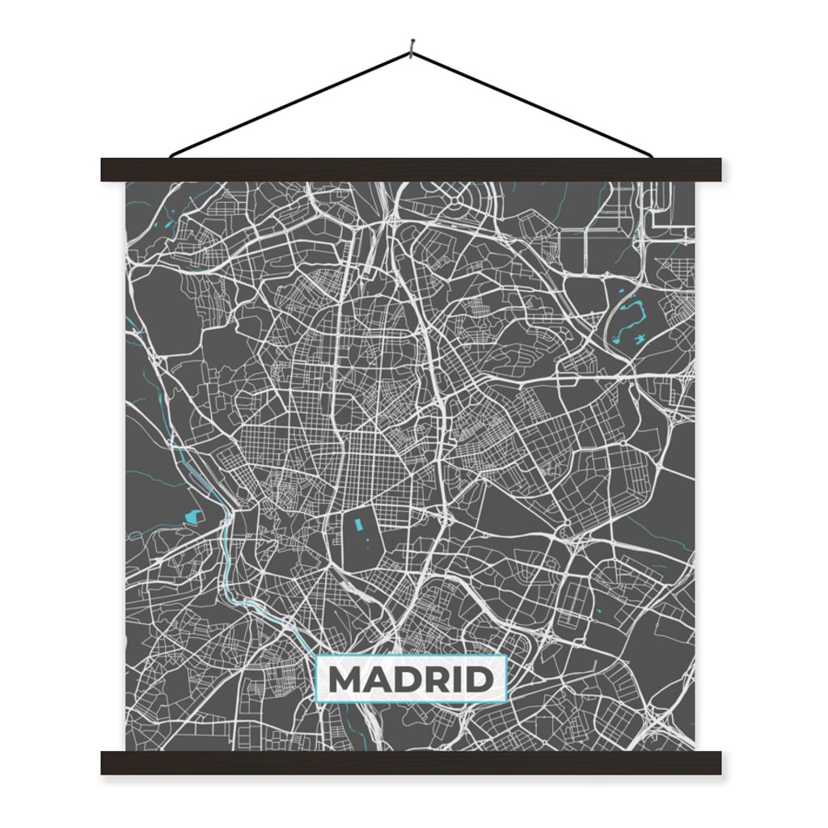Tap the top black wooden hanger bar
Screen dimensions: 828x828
click(411, 170)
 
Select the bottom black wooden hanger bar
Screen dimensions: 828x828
click(411, 763)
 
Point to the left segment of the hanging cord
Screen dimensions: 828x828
click(291, 104)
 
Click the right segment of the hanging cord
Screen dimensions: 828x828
click(534, 104)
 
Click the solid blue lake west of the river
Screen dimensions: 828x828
click(192, 515)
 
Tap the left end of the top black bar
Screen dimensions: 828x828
click(107, 170)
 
